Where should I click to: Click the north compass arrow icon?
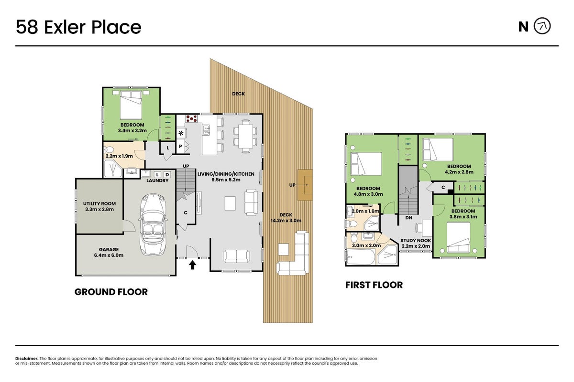(x=542, y=26)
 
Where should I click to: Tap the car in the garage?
(x=153, y=224)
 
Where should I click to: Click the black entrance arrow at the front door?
(x=192, y=265)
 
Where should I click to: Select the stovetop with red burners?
(x=192, y=118)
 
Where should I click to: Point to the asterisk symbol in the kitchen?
(x=181, y=133)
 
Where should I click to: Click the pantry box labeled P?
(x=180, y=146)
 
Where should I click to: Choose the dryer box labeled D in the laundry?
(x=167, y=175)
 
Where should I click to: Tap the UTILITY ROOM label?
(x=99, y=204)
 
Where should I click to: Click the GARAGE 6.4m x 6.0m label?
(x=109, y=252)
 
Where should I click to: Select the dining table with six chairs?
(x=245, y=137)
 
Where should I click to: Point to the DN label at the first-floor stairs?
(x=408, y=218)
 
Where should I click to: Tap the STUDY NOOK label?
(x=416, y=241)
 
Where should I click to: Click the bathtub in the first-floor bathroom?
(x=361, y=256)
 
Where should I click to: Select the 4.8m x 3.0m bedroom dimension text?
(x=368, y=194)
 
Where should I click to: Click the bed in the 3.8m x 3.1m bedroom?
(x=458, y=237)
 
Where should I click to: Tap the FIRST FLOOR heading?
(x=374, y=285)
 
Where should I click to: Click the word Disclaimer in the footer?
(x=27, y=359)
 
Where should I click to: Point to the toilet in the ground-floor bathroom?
(x=109, y=149)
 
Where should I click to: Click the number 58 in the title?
(x=27, y=27)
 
